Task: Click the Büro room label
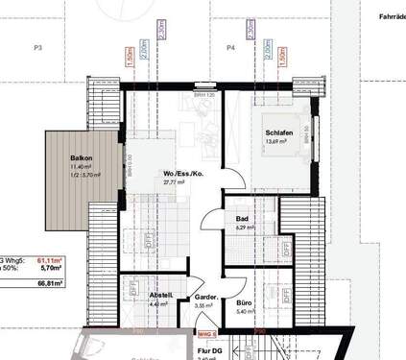click(244, 303)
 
